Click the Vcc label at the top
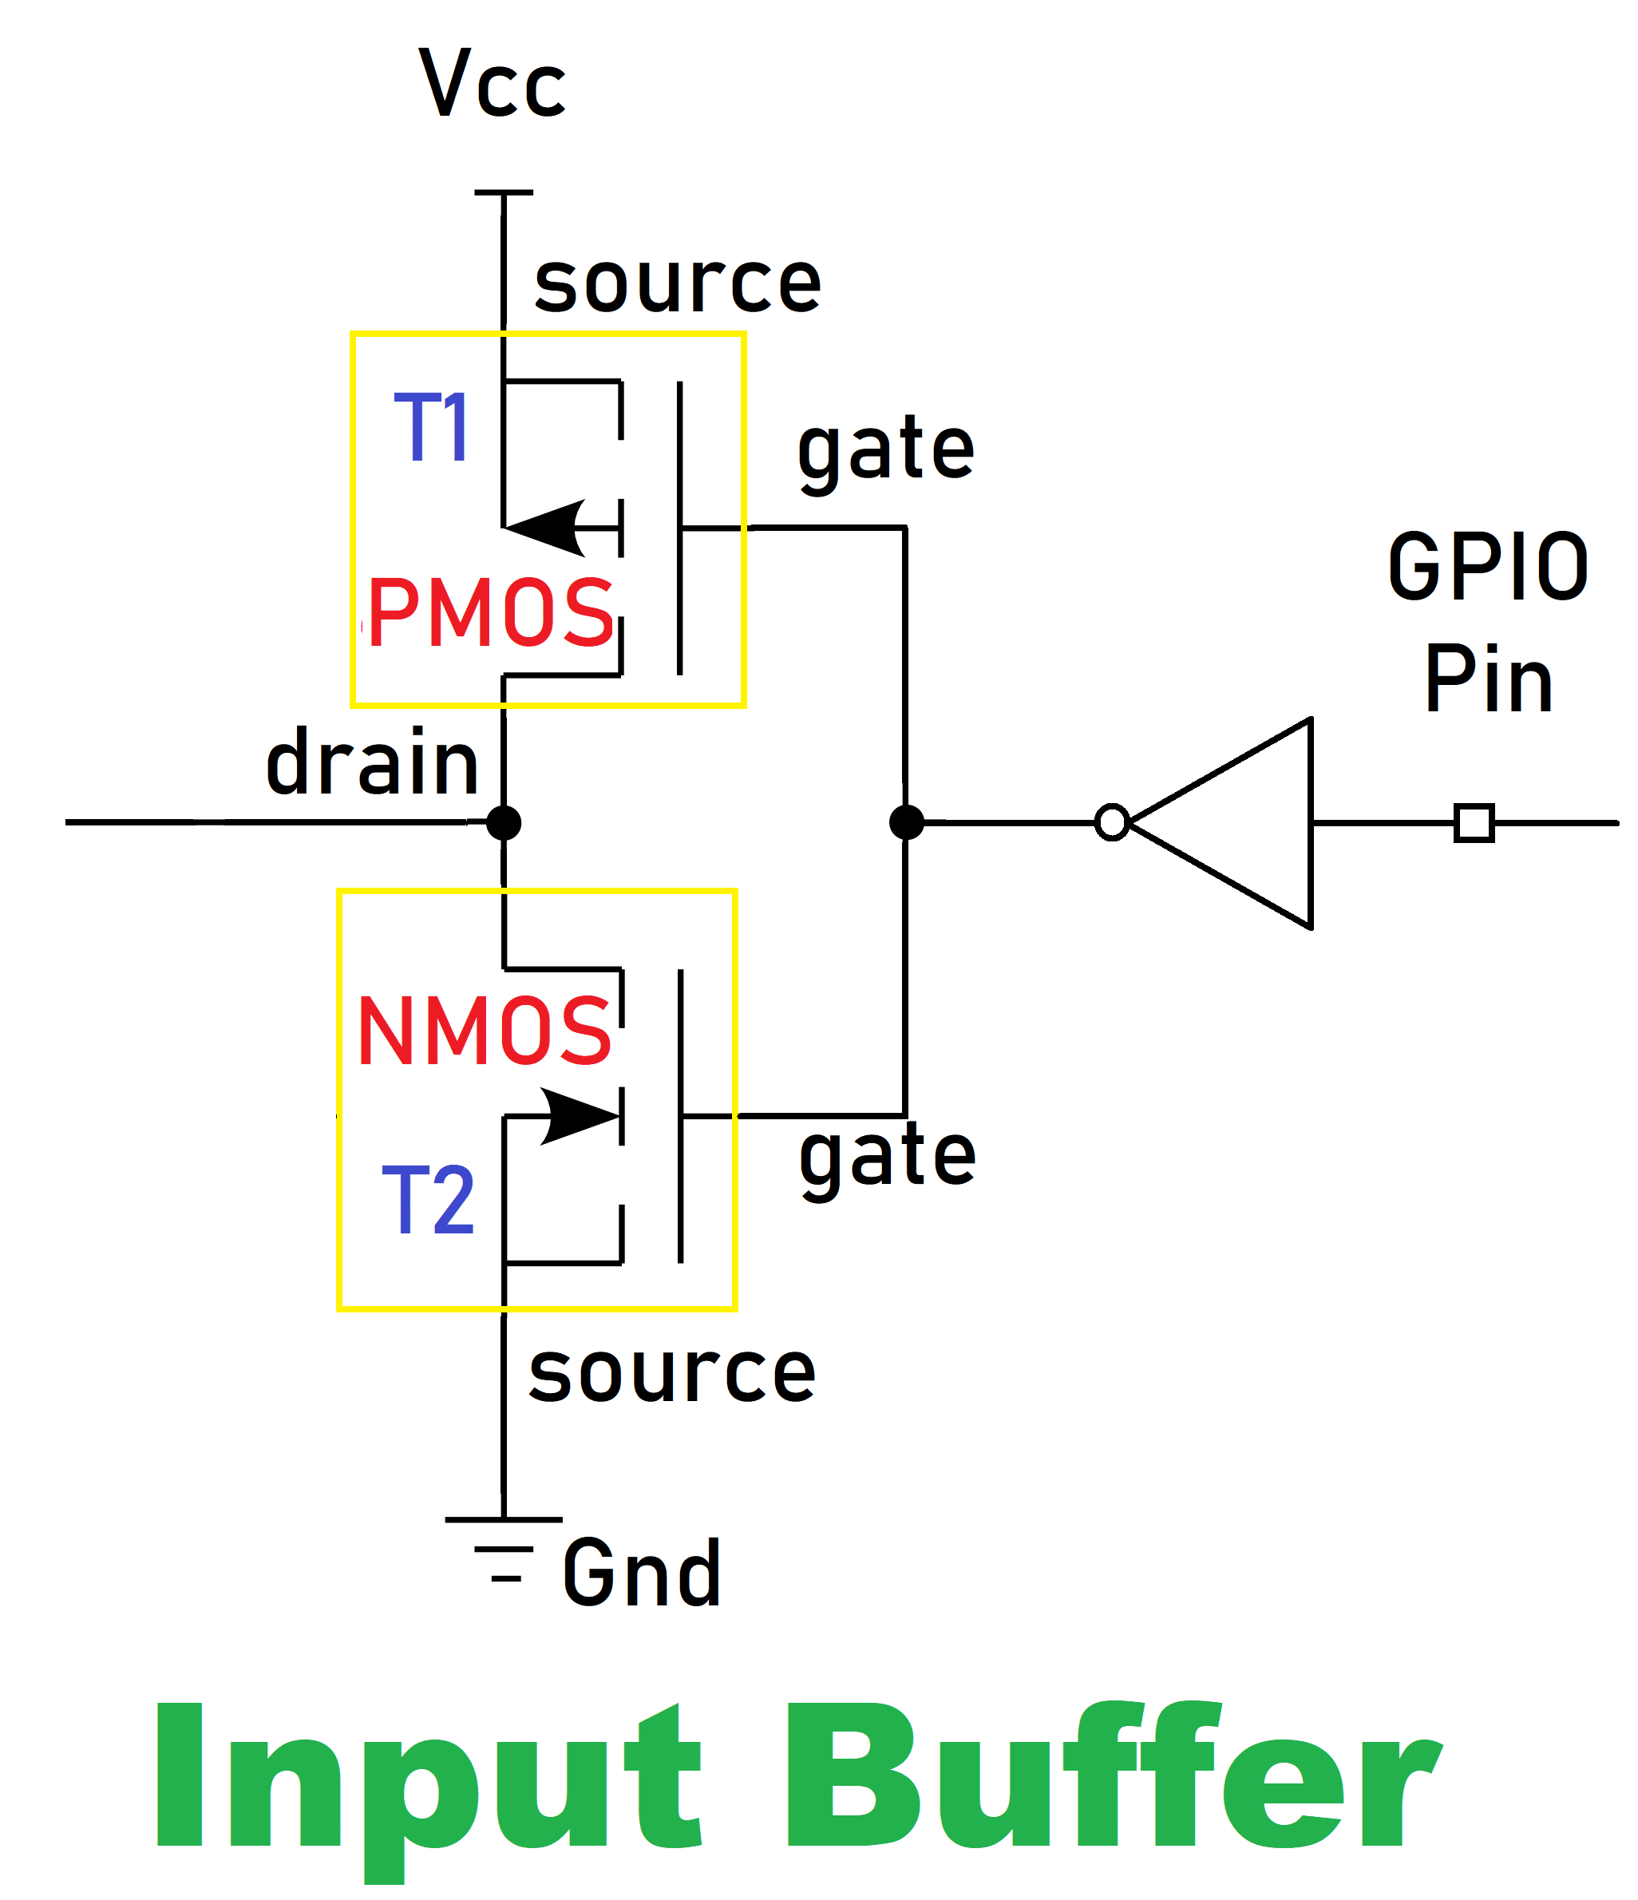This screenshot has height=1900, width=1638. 493,84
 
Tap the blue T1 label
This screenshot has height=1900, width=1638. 432,426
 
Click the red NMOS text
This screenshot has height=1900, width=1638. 485,1031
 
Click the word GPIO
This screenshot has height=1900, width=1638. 1488,567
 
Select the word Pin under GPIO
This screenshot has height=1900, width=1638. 1488,679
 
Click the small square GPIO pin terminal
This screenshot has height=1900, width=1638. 1474,822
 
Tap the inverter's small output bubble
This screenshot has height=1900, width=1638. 1112,822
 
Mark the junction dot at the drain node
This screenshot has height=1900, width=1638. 504,822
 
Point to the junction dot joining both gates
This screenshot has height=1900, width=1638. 906,822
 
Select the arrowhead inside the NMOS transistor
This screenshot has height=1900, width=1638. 580,1116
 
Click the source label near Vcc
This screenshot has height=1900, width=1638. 677,283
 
